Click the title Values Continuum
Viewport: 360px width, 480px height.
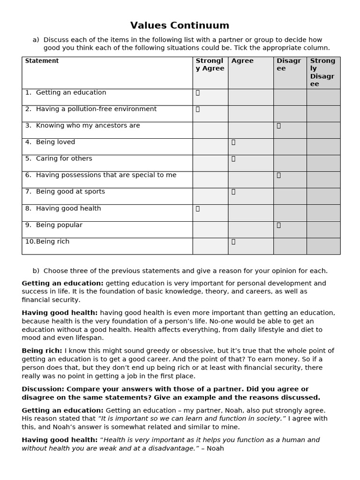pos(180,25)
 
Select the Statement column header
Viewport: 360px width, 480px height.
pos(42,61)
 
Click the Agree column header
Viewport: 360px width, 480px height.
pos(242,61)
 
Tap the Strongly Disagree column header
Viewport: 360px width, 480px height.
pos(323,72)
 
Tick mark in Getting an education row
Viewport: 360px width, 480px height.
pos(198,93)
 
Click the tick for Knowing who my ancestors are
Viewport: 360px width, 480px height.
pos(278,126)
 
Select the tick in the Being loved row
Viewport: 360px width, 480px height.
pos(233,142)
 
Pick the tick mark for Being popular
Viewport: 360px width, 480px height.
pos(278,225)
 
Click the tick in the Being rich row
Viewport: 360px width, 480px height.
pos(233,242)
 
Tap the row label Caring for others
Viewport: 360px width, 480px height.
pos(64,158)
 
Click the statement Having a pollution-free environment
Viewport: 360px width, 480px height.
pos(96,109)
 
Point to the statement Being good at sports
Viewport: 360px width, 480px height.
pos(70,191)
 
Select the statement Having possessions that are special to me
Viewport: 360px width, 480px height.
pos(106,175)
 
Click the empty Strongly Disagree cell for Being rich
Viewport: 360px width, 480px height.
pos(323,246)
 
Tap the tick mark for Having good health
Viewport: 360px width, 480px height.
pos(198,209)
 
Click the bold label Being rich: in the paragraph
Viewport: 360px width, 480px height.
pos(42,351)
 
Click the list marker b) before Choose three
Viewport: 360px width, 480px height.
pos(36,271)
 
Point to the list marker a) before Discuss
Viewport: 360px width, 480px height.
pos(36,40)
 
